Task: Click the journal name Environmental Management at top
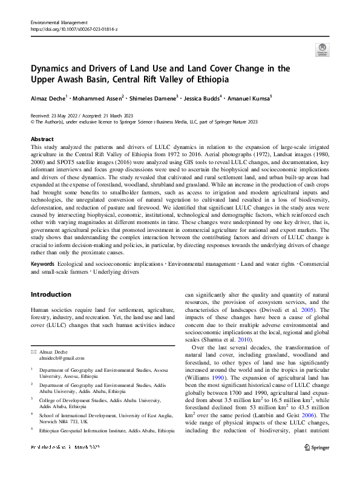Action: (58, 22)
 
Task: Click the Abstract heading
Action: (42, 139)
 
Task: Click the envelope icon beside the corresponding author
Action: (33, 351)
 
